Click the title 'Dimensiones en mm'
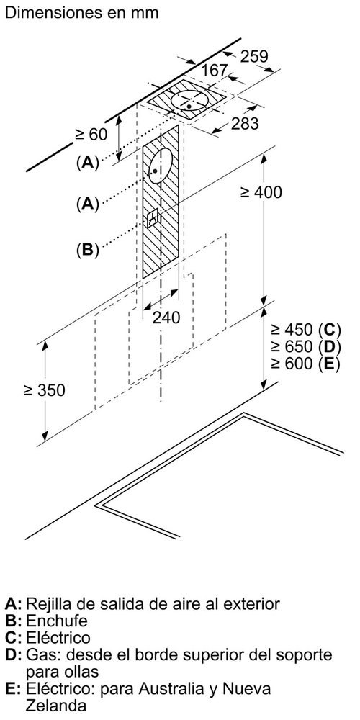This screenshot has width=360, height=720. (81, 12)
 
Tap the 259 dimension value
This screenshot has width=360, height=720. (254, 56)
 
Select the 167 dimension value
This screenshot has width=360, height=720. (215, 71)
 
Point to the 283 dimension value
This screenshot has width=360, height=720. (245, 124)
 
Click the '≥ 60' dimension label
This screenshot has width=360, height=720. (91, 134)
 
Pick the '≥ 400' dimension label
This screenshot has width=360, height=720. (261, 192)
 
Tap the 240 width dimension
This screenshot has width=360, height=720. (166, 317)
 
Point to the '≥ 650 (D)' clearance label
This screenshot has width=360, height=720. (306, 346)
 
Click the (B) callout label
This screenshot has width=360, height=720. (88, 250)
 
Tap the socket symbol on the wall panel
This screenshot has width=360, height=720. (153, 217)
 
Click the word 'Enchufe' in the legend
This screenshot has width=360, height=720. (56, 621)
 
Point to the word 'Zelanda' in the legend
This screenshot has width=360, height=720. (56, 705)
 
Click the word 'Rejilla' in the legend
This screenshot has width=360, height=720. (49, 604)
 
